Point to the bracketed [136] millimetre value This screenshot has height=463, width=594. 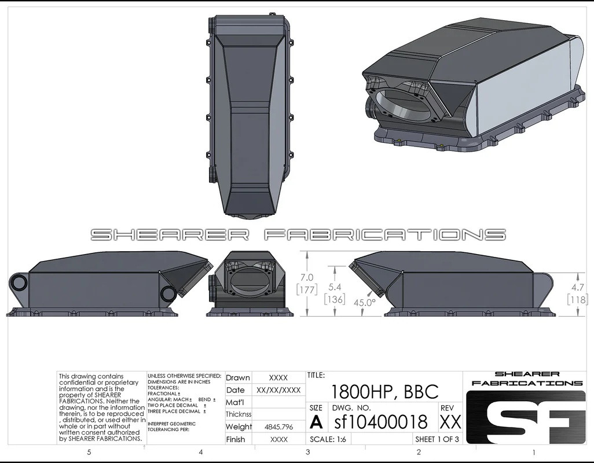click(335, 299)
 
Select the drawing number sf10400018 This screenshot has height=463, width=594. click(381, 421)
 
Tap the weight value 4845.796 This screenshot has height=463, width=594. click(279, 427)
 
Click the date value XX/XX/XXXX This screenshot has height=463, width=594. click(278, 390)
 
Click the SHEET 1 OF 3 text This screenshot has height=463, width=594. click(437, 439)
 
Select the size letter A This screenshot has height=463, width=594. click(317, 422)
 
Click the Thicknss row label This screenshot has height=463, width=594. click(239, 414)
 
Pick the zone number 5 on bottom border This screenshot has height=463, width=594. click(89, 452)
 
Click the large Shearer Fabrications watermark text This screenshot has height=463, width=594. click(298, 234)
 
